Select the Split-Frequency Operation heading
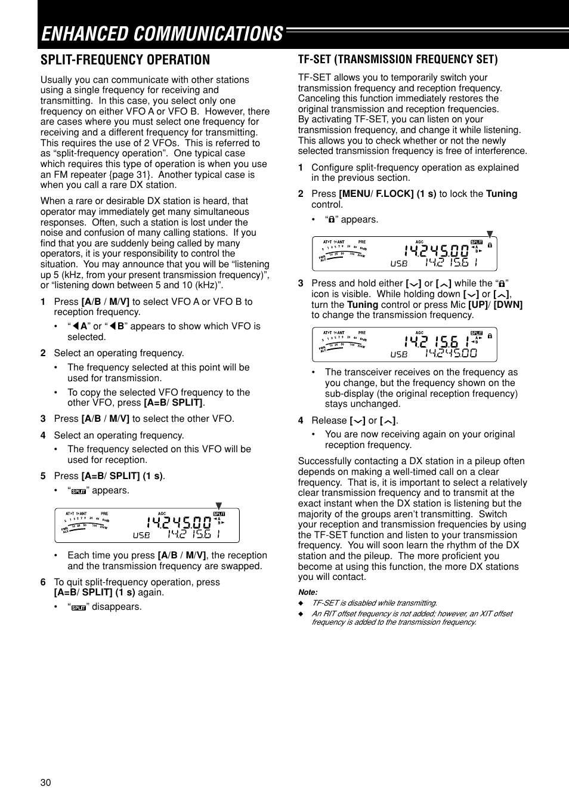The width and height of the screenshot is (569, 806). (x=125, y=60)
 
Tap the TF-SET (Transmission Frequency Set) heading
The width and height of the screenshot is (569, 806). (x=398, y=59)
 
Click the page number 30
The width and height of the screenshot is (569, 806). (x=46, y=782)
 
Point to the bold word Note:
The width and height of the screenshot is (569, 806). (x=308, y=592)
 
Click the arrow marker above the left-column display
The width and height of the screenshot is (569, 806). (x=218, y=505)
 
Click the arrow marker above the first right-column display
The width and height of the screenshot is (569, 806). (x=490, y=234)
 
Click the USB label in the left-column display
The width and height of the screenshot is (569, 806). (x=141, y=535)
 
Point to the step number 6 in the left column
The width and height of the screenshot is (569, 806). (x=43, y=582)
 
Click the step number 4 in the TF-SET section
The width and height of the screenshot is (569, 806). (x=301, y=421)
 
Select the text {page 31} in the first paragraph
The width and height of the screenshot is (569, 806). (x=130, y=175)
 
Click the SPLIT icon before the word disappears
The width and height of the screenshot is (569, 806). (x=79, y=607)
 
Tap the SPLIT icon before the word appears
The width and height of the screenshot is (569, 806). (x=79, y=491)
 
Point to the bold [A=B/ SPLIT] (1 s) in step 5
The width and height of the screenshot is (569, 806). (x=122, y=476)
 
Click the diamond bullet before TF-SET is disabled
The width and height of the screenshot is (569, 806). (x=301, y=603)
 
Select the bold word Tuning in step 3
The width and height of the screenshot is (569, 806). (x=363, y=304)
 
